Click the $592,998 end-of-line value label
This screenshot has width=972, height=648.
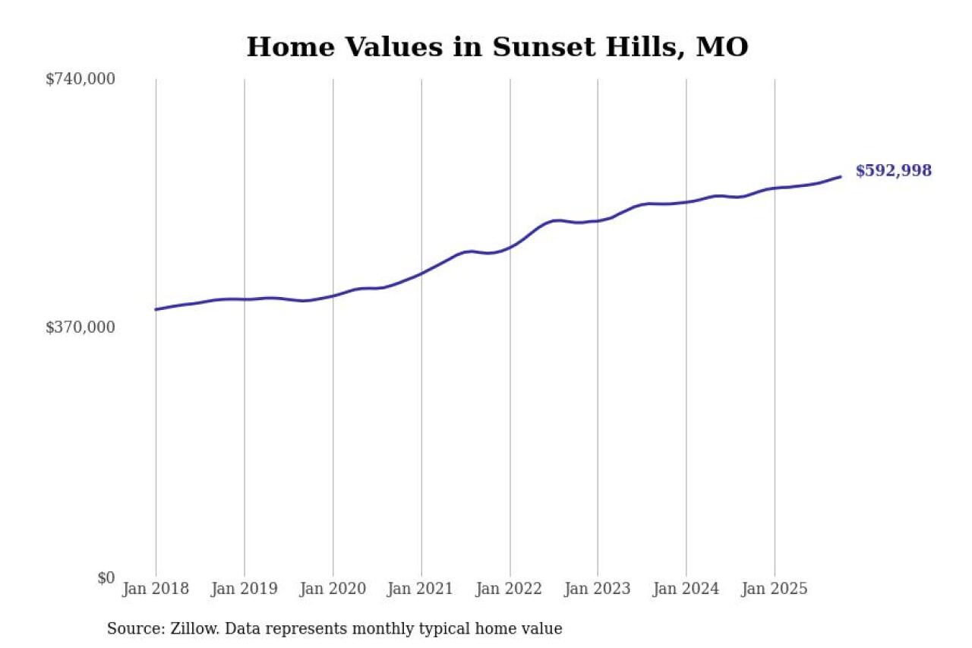pyautogui.click(x=893, y=171)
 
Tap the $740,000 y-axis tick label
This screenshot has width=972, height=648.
pyautogui.click(x=80, y=79)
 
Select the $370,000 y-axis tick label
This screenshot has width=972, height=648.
pyautogui.click(x=80, y=327)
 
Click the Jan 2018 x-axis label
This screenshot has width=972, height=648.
pyautogui.click(x=156, y=589)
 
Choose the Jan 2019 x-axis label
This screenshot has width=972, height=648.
pyautogui.click(x=245, y=589)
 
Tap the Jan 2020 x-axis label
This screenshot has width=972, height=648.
pyautogui.click(x=333, y=589)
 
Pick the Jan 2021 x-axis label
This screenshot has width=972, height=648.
pyautogui.click(x=421, y=589)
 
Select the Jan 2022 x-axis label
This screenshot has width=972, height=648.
pyautogui.click(x=510, y=589)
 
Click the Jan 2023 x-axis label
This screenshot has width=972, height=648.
pyautogui.click(x=598, y=589)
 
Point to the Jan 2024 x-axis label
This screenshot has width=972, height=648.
pyautogui.click(x=686, y=589)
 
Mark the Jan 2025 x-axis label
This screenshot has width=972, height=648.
pyautogui.click(x=775, y=589)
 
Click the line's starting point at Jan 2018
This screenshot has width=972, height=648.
pyautogui.click(x=156, y=309)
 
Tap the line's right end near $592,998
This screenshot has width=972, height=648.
pyautogui.click(x=841, y=176)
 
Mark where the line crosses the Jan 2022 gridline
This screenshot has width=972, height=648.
pyautogui.click(x=510, y=247)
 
